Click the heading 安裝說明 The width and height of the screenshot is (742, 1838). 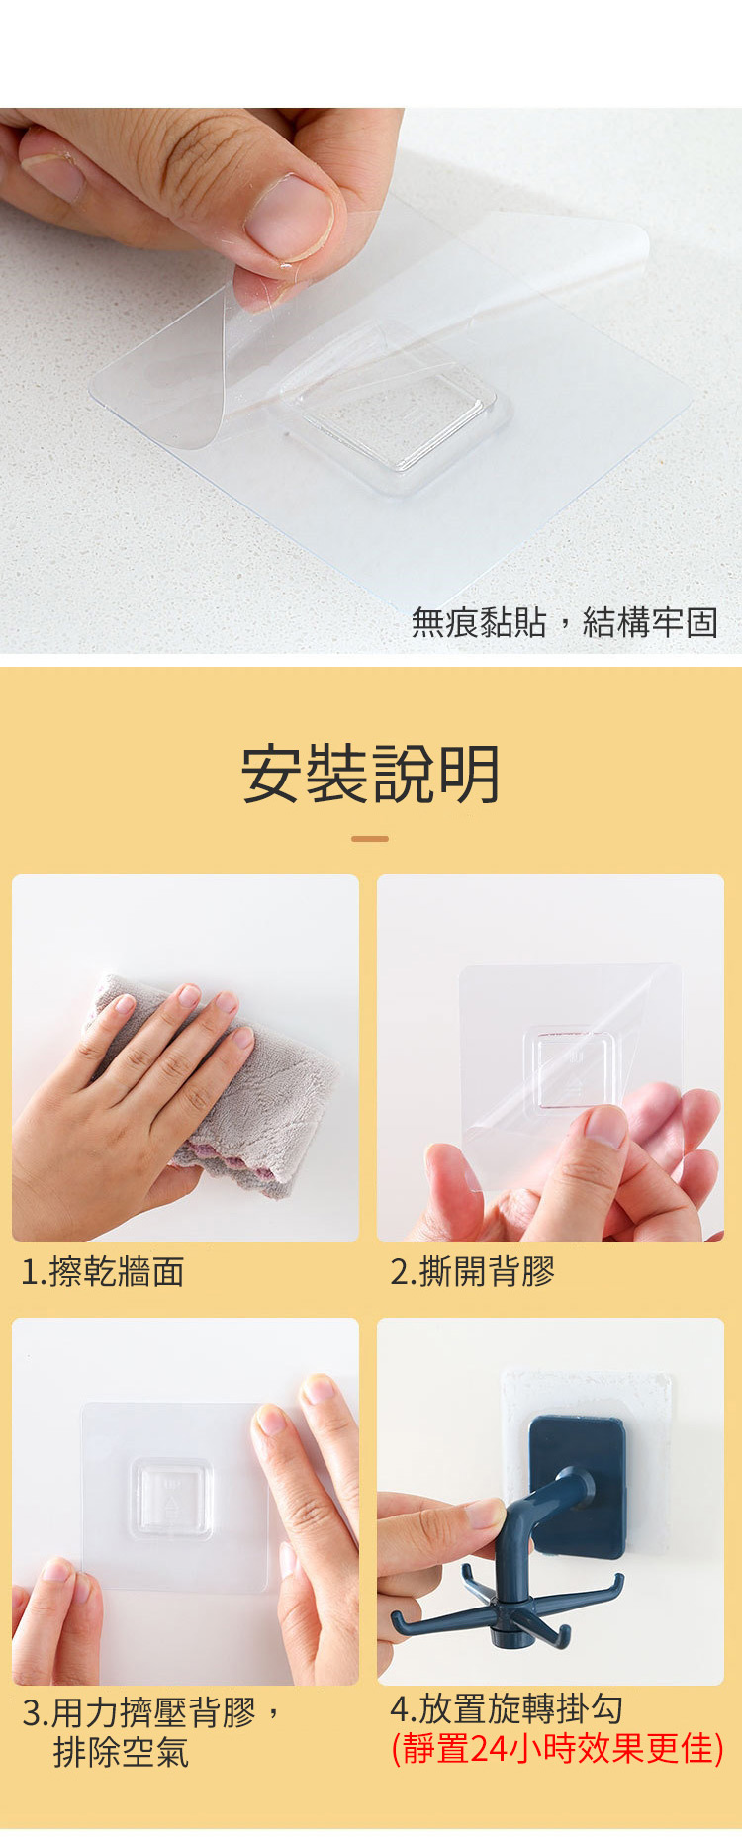371,774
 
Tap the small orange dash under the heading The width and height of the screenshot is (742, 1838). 370,838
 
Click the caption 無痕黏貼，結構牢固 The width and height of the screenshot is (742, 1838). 564,622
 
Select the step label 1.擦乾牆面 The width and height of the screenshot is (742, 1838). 103,1271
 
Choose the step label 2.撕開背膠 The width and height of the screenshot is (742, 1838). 473,1271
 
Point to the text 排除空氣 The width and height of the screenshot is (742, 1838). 121,1752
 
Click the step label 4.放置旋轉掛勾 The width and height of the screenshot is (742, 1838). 508,1708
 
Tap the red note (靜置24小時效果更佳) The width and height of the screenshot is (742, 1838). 558,1748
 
